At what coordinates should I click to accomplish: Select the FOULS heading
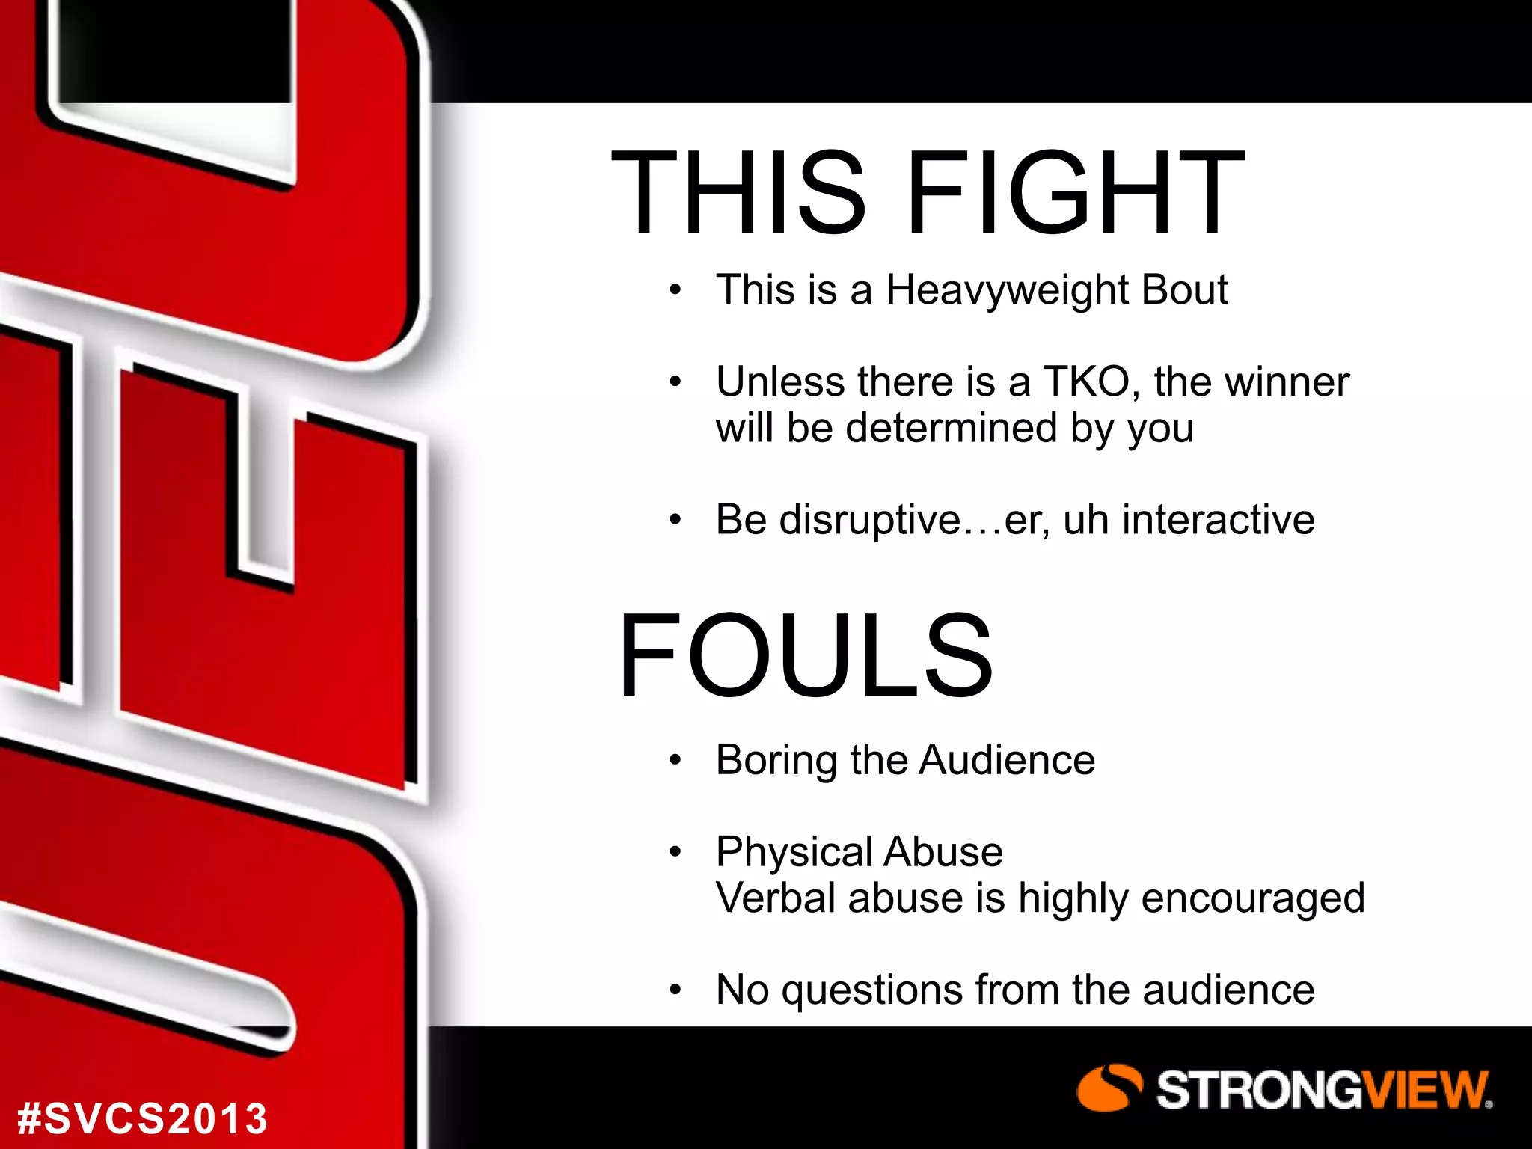pyautogui.click(x=806, y=655)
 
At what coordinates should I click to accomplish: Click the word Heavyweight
pyautogui.click(x=1002, y=290)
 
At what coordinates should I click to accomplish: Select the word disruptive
pyautogui.click(x=869, y=519)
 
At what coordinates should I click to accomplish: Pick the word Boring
pyautogui.click(x=776, y=761)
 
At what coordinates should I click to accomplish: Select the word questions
pyautogui.click(x=871, y=990)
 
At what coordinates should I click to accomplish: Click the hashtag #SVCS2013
pyautogui.click(x=142, y=1118)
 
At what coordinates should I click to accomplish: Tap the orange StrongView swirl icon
pyautogui.click(x=1109, y=1088)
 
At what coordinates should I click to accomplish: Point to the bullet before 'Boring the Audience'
pyautogui.click(x=675, y=761)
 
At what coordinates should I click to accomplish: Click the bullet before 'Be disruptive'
pyautogui.click(x=675, y=520)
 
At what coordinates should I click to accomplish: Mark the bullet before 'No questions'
pyautogui.click(x=675, y=990)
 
